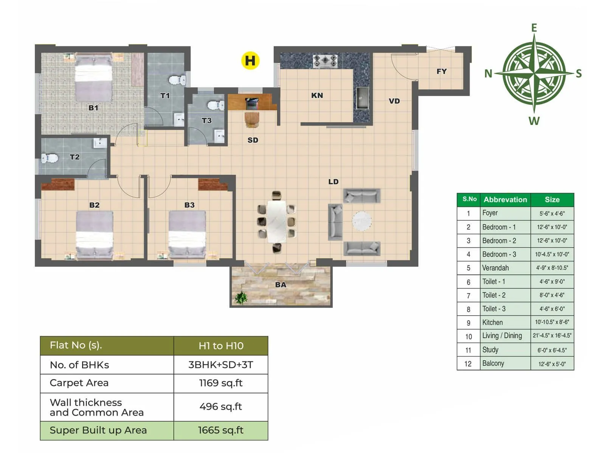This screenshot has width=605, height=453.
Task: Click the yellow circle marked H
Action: [250, 60]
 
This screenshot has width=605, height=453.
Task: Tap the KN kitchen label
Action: [317, 96]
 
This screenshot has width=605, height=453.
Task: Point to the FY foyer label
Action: [441, 71]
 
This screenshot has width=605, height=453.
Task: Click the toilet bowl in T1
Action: [177, 80]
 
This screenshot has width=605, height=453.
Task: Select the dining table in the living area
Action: [277, 221]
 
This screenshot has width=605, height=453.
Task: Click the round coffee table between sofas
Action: [362, 221]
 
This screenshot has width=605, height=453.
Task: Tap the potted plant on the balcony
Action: [240, 297]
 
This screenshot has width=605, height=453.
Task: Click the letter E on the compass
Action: [534, 28]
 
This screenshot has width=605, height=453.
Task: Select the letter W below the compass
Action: [534, 121]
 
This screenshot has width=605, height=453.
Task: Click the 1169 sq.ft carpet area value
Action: [221, 383]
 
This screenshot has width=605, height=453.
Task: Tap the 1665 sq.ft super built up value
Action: [221, 430]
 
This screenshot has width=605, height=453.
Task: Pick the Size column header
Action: [552, 200]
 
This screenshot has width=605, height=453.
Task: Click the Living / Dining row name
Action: [502, 336]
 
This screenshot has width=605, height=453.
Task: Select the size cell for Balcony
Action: [552, 364]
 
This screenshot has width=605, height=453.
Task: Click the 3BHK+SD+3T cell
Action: [221, 365]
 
